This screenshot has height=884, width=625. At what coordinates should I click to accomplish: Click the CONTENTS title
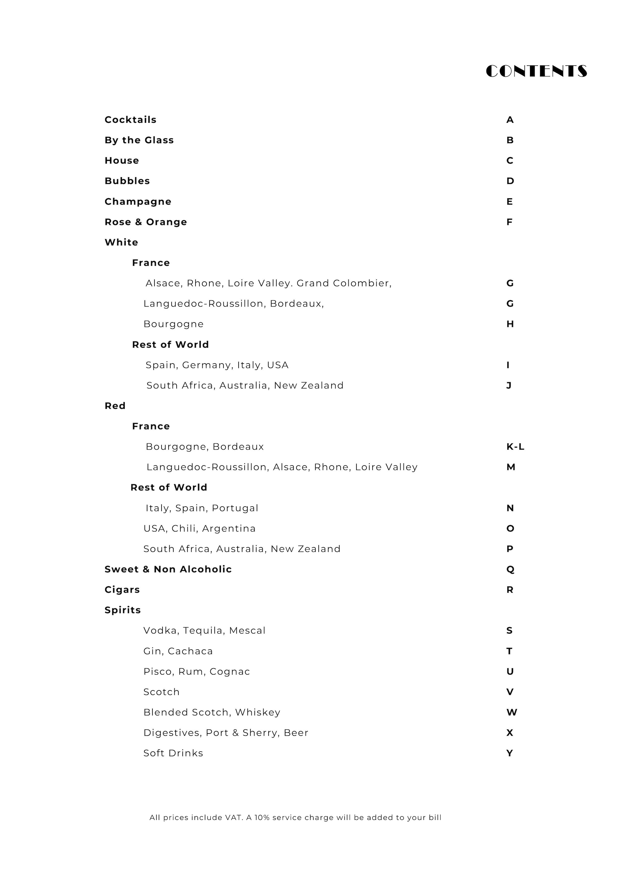(536, 71)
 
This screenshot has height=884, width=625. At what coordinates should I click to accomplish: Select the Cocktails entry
(130, 120)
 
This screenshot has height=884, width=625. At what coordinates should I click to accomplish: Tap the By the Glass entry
(139, 140)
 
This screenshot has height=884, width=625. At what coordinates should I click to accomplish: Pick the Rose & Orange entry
(146, 222)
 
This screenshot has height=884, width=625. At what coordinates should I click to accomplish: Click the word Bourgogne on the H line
(173, 324)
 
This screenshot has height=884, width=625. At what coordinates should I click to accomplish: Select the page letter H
(510, 324)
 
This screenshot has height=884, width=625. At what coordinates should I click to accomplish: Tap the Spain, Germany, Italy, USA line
(217, 365)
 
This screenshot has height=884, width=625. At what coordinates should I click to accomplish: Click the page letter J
(509, 385)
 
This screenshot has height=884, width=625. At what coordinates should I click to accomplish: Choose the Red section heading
(115, 406)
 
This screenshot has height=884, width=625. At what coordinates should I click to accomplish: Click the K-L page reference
(515, 447)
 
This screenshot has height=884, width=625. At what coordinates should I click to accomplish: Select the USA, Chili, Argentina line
(200, 529)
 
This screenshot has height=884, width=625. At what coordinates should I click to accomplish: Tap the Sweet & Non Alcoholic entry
(168, 569)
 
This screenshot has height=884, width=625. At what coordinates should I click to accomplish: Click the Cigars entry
(122, 590)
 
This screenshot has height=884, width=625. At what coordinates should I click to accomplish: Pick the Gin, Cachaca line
(178, 651)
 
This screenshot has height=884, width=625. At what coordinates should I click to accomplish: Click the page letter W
(511, 712)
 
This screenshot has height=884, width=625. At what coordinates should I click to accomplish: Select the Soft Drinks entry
(173, 753)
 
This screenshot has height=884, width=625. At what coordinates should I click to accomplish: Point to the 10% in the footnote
(262, 817)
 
